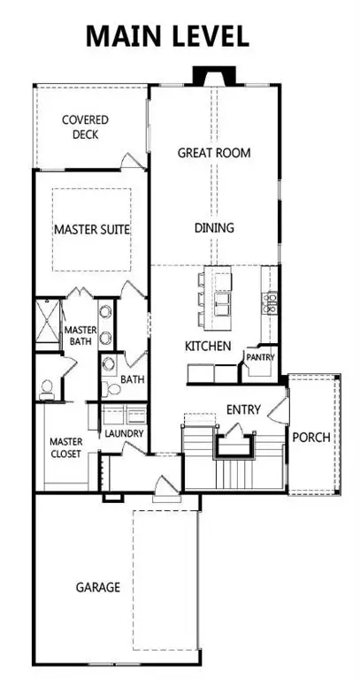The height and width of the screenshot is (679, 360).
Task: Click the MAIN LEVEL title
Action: coord(167,37)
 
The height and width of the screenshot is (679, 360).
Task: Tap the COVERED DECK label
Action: coord(86,127)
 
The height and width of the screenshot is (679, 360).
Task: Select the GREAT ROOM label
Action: coord(214,153)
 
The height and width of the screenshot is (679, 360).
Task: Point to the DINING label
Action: coord(214,228)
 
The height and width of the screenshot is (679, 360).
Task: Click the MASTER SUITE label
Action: coord(91,229)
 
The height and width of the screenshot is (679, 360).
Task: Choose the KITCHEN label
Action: coord(209,346)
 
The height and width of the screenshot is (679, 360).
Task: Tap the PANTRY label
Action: coord(261,358)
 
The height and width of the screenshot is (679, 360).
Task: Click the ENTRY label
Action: coord(242,409)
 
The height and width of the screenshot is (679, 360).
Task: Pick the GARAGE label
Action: coord(98,587)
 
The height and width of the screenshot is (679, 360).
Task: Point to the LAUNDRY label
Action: coord(123,435)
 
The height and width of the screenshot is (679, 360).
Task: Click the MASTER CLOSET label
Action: coord(65,447)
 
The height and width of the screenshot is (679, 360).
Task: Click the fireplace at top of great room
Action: coord(213,77)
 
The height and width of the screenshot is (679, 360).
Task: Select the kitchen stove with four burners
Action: coord(271,304)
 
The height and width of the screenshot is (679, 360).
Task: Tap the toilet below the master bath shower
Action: coord(48,388)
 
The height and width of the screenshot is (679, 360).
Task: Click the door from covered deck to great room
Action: coord(133,163)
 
